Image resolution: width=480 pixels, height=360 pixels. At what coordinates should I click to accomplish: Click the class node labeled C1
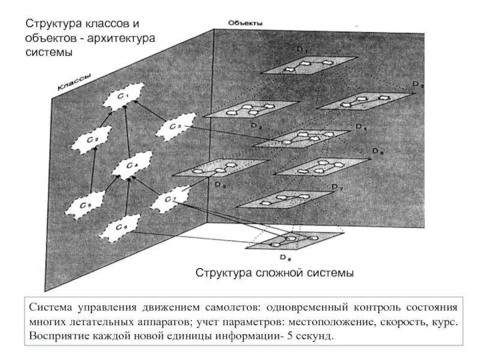coord(122,96)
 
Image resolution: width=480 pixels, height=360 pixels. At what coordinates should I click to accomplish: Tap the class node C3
coord(174,127)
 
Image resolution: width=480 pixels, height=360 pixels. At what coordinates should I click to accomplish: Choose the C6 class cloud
coord(121,227)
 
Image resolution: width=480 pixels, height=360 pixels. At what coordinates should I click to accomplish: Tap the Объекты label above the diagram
coord(244,23)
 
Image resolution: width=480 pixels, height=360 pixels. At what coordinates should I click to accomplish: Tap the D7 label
coord(337,189)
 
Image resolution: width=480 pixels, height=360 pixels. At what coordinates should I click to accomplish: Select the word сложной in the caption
coord(272,274)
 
